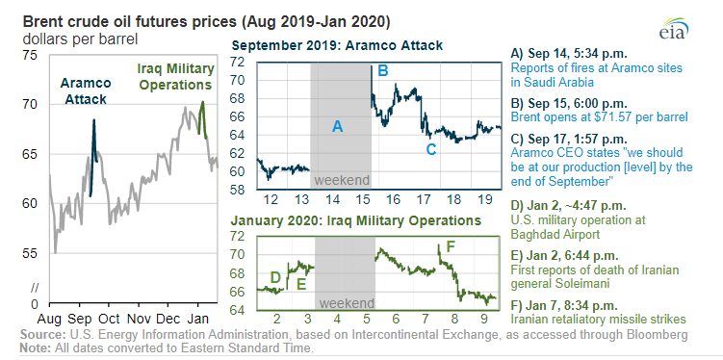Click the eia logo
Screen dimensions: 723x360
[674, 29]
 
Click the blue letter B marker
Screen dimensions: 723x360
[383, 71]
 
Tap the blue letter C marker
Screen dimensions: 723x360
[430, 149]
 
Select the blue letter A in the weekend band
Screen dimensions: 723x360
[338, 126]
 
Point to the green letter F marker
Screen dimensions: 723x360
[451, 246]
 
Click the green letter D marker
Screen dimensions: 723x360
[274, 277]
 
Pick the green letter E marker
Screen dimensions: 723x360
[301, 284]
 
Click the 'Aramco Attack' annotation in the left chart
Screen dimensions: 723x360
[86, 90]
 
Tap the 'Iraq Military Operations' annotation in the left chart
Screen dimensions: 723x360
[175, 77]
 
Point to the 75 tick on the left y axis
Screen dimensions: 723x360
[31, 56]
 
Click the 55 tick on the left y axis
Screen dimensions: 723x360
[31, 253]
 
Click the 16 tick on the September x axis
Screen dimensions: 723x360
[394, 199]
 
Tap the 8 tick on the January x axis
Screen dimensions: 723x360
[455, 319]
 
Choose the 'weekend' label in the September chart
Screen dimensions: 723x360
[342, 180]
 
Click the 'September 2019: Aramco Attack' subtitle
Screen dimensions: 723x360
[337, 45]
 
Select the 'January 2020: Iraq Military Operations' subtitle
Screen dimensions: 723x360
[356, 220]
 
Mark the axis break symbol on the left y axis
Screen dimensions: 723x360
[34, 289]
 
